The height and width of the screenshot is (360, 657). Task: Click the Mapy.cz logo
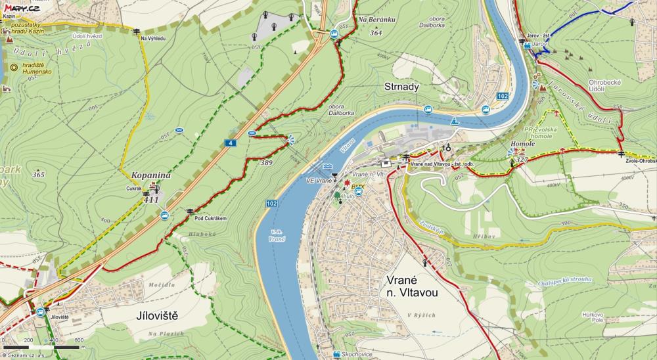point(21,8)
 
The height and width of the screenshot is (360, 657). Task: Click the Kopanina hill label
point(151,176)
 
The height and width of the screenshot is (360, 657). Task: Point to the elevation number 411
point(151,200)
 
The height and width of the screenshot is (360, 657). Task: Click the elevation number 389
point(266,162)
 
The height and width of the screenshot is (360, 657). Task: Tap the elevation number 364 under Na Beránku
point(376,32)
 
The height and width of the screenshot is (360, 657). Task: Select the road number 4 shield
point(231,143)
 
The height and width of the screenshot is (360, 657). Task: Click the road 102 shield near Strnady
point(503,97)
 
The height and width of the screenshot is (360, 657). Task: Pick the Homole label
point(522,144)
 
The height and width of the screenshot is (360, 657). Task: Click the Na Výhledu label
point(152,39)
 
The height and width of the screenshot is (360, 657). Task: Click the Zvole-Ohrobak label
point(641,160)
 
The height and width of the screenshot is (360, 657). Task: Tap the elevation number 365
point(38,175)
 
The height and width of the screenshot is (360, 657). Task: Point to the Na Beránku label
point(376,20)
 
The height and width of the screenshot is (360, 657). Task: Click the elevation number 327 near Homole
point(522,160)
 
